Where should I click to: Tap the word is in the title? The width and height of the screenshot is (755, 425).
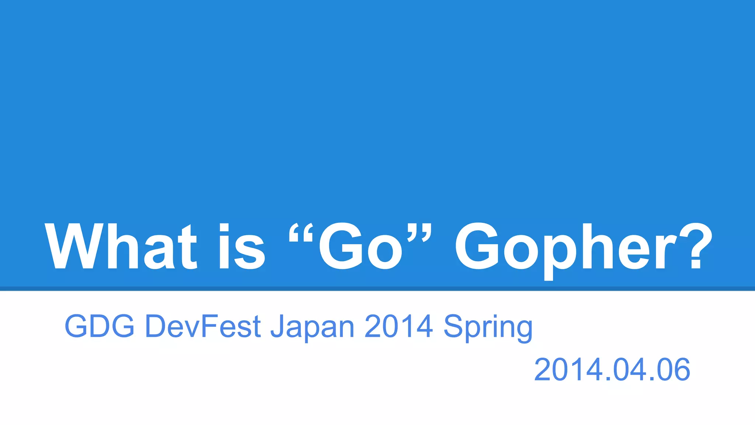242,246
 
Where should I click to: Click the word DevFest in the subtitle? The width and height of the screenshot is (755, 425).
203,326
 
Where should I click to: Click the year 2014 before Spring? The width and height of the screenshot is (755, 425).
399,326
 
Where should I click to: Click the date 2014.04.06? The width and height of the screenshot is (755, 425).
612,370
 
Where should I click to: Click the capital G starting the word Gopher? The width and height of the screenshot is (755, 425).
477,246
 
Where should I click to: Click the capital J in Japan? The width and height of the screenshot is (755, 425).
277,326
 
